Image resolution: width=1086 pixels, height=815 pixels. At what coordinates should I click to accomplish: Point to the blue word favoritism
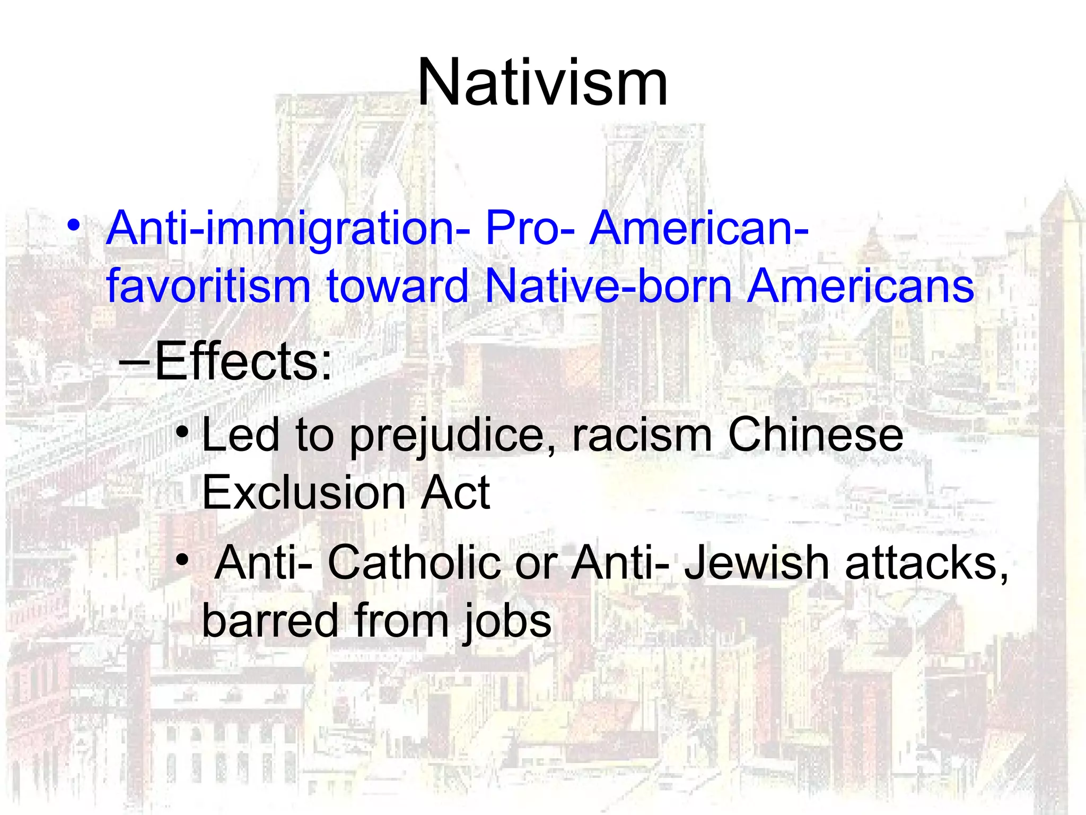[x=208, y=286]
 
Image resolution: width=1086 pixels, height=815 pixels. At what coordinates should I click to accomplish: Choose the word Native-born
[x=607, y=286]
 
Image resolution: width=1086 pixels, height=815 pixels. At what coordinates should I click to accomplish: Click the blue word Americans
[x=861, y=286]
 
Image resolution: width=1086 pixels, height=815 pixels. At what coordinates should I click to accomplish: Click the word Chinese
[x=816, y=435]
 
